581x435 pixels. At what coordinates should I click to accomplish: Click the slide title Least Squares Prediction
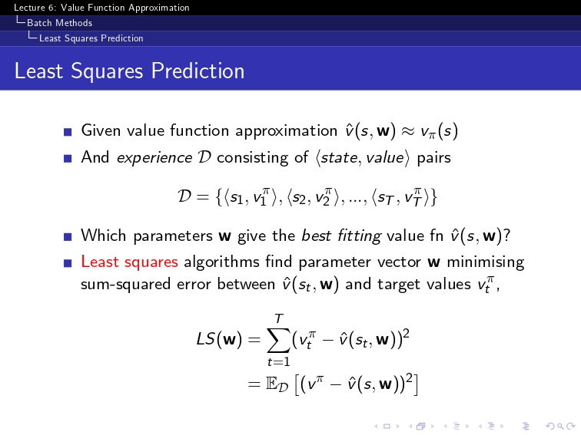click(129, 71)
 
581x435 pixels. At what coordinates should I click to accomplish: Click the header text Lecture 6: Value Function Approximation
click(101, 8)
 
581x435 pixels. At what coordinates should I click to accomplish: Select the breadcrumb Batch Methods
click(59, 23)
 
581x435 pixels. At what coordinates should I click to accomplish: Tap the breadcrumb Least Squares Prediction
click(91, 38)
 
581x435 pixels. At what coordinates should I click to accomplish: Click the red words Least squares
click(129, 262)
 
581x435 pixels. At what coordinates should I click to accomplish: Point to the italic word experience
click(154, 158)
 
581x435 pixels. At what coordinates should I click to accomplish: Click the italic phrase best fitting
click(341, 236)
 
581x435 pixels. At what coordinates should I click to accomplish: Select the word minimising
click(486, 262)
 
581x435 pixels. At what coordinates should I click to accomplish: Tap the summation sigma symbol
click(279, 339)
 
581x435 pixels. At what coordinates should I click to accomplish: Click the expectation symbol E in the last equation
click(271, 384)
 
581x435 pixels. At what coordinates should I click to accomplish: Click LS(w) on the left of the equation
click(219, 338)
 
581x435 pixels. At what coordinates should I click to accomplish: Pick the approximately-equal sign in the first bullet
click(408, 131)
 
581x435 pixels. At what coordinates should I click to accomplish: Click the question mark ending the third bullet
click(506, 236)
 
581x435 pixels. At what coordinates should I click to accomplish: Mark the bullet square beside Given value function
click(68, 132)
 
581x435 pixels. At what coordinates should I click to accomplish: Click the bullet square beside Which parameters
click(68, 236)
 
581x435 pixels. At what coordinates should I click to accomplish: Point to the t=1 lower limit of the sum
click(279, 361)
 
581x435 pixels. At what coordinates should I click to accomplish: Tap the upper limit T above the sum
click(279, 318)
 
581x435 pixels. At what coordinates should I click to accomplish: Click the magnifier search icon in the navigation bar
click(560, 427)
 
